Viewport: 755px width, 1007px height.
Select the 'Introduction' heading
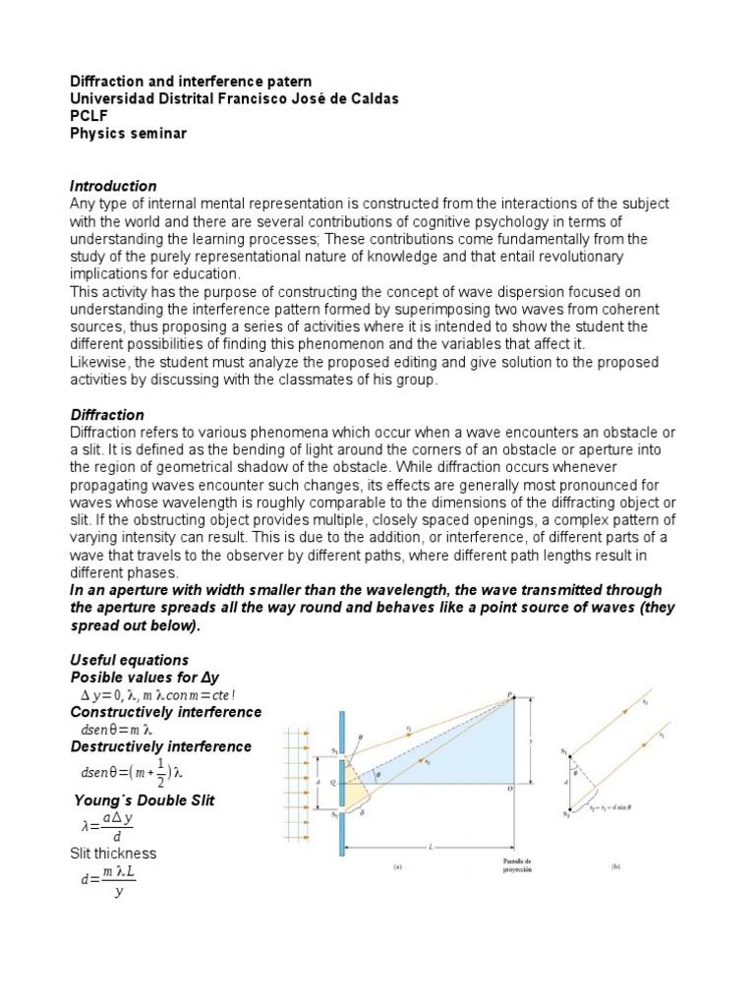(x=113, y=186)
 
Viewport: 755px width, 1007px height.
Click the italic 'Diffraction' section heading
(x=107, y=415)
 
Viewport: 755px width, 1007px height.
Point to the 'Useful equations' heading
(x=130, y=659)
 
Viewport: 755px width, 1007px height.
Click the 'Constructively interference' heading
(x=160, y=711)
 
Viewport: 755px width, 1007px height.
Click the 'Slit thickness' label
(x=113, y=853)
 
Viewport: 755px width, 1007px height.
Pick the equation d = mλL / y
(x=108, y=880)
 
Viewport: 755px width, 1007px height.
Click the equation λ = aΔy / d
(x=108, y=827)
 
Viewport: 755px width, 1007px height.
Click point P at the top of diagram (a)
(x=510, y=696)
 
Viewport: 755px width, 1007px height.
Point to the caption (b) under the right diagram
(x=614, y=867)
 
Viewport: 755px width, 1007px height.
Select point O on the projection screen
(x=509, y=788)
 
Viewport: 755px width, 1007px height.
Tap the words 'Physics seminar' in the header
(x=128, y=133)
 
